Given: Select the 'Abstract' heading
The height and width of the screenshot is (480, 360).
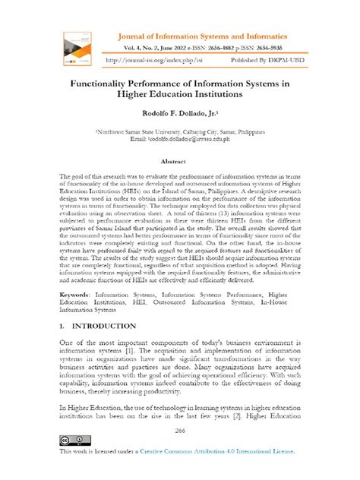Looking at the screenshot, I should (179, 161).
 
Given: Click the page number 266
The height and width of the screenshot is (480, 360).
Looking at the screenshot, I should (179, 429).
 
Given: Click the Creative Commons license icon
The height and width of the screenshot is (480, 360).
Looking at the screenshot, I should (70, 440).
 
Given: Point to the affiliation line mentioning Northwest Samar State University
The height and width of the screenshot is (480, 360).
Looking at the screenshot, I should (179, 131).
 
